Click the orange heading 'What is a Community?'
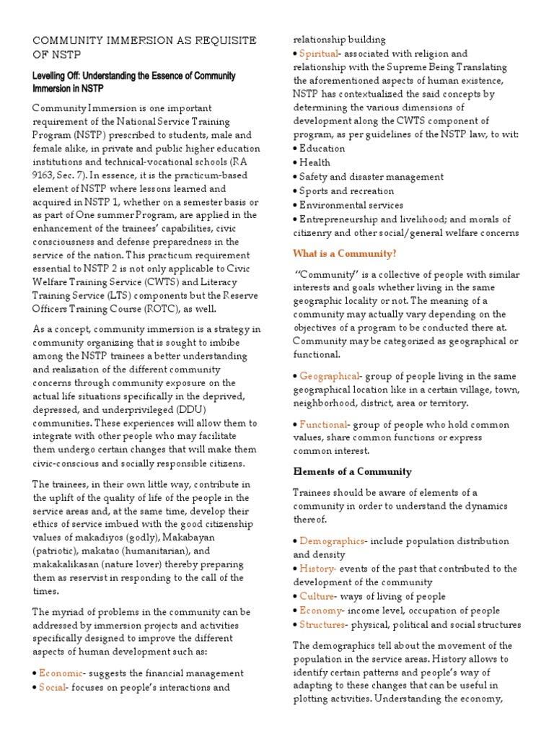click(344, 253)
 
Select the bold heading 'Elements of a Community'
click(352, 471)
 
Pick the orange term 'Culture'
click(317, 596)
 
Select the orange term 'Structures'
click(322, 624)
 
